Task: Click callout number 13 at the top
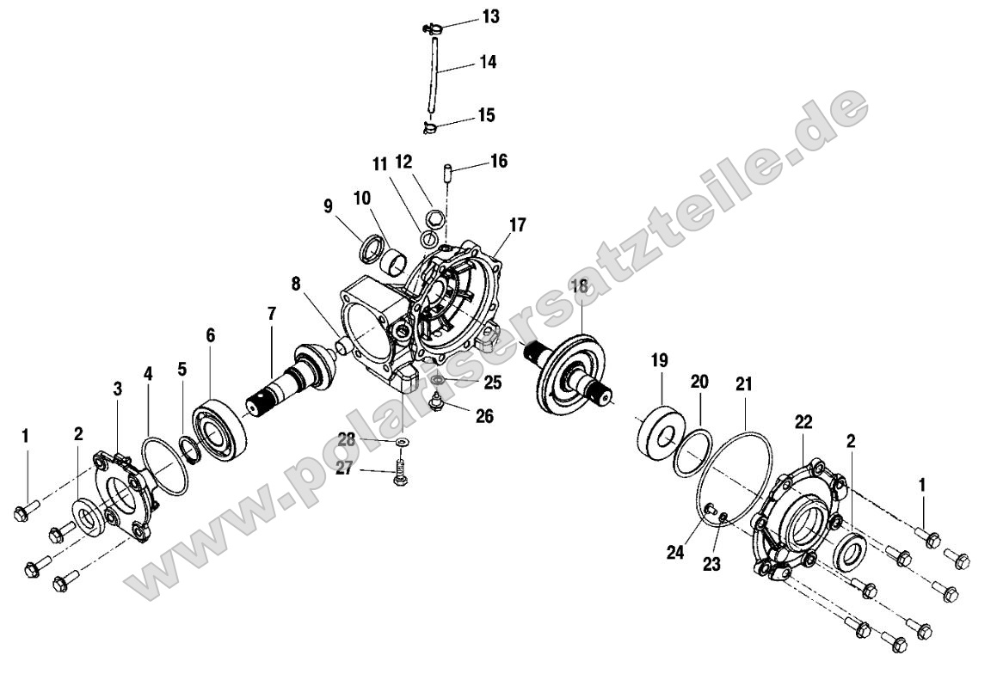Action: coord(490,16)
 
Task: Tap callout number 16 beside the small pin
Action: coord(499,161)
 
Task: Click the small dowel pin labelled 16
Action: coord(447,172)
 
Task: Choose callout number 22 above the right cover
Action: coord(803,422)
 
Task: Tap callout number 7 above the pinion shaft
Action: coord(272,313)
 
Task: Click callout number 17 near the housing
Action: coord(518,225)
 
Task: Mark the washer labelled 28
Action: coord(402,443)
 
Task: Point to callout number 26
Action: coord(484,416)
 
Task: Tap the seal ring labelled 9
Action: coord(372,248)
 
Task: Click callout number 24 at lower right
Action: coord(675,552)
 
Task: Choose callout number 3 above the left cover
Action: coord(118,389)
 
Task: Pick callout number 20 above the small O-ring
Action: coord(699,382)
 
